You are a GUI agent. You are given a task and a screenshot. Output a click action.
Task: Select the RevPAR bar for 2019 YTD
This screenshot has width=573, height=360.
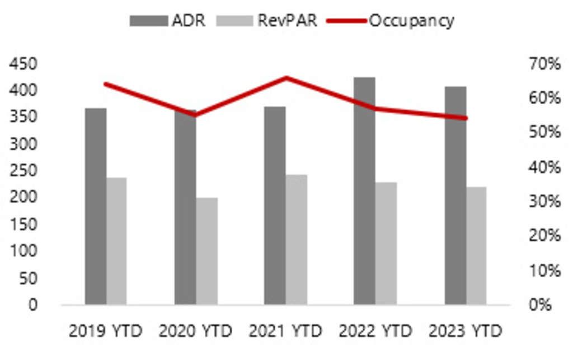point(116,241)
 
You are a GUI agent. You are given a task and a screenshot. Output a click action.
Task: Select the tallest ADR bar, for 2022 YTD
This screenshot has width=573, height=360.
point(364,191)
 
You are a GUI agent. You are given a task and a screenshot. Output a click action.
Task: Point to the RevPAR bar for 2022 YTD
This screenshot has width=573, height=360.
point(386,243)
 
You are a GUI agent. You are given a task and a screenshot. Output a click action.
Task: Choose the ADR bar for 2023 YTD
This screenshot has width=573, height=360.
point(455,195)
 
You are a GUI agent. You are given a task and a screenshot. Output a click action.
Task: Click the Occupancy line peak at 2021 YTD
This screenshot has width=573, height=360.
point(286,78)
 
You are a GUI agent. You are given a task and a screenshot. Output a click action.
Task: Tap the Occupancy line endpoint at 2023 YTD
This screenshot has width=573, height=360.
point(466,118)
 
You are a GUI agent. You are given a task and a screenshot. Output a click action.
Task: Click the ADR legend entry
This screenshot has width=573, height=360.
point(168,21)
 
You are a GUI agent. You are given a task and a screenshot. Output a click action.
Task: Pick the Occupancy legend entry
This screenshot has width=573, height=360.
point(392,21)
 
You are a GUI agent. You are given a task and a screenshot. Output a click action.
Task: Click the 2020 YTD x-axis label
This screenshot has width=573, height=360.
point(195,331)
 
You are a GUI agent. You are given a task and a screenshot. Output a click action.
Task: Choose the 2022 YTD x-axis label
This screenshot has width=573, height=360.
point(375,331)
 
